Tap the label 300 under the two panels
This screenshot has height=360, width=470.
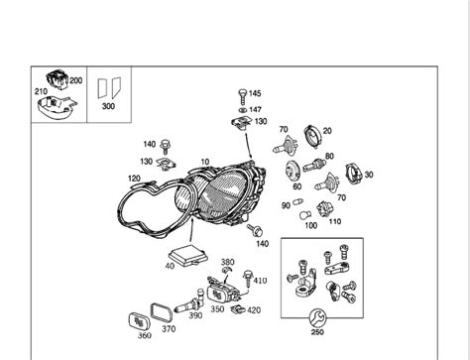[x=109, y=104]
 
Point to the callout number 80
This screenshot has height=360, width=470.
[x=329, y=156]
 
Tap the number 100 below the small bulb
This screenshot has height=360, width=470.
[x=310, y=224]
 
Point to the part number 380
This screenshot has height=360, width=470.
[x=228, y=263]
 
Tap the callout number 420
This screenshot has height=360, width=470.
[x=254, y=309]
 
